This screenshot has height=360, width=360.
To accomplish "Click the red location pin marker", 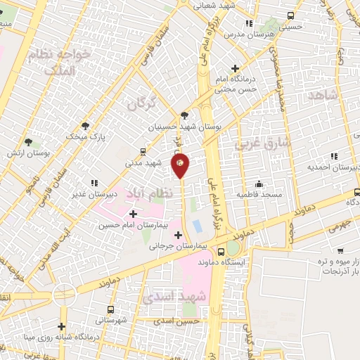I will pyautogui.click(x=180, y=165).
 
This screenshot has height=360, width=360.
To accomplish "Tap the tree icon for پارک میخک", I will pyautogui.click(x=86, y=126).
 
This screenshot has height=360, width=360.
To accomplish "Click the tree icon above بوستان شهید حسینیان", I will pyautogui.click(x=184, y=116).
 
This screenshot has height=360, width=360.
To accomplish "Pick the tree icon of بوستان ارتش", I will pyautogui.click(x=28, y=143).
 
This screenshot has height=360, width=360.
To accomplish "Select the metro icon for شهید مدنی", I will pyautogui.click(x=143, y=151).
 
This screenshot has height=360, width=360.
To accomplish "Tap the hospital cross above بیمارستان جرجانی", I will pyautogui.click(x=178, y=235).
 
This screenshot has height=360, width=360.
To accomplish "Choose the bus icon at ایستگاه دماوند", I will pyautogui.click(x=221, y=251).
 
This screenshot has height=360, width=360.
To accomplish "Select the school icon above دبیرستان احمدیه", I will pyautogui.click(x=334, y=155).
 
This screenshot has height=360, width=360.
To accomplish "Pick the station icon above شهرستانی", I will pyautogui.click(x=110, y=309).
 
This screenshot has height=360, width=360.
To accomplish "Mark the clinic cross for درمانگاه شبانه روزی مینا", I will pyautogui.click(x=62, y=326).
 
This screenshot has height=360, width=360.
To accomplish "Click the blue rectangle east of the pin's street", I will pyautogui.click(x=197, y=226).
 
